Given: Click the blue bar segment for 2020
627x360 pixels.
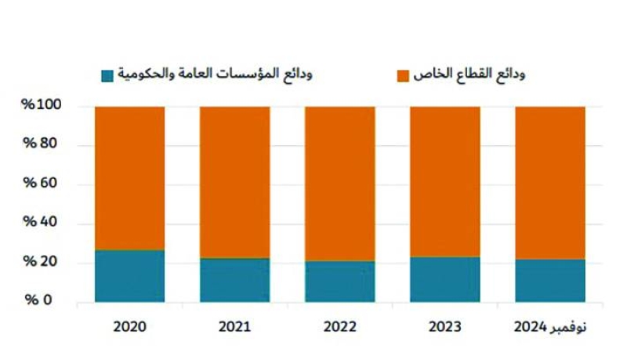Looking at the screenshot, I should [x=129, y=276].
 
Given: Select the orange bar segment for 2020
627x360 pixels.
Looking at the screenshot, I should [x=129, y=178].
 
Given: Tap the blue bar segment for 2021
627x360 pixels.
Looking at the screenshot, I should [x=234, y=280].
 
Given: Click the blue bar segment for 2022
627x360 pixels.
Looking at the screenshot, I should [x=339, y=282].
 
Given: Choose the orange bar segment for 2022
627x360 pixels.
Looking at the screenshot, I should [x=339, y=184].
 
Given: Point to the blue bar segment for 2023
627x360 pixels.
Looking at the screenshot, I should [x=444, y=279].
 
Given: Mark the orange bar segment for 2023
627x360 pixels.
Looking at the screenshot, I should [x=444, y=181].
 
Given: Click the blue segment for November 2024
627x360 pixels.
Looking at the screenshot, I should [x=549, y=281].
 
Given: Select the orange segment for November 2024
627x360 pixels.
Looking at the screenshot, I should [x=549, y=183].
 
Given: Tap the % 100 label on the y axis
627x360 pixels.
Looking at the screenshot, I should [x=42, y=106].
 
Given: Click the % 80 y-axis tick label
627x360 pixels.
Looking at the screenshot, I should [x=41, y=144].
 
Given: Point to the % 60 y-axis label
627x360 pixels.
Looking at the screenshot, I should [x=41, y=184].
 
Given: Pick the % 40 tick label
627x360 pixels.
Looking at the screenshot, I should [x=41, y=223].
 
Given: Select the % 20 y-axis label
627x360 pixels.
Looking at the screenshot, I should [x=41, y=262].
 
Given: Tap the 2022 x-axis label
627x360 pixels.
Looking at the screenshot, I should [x=339, y=325].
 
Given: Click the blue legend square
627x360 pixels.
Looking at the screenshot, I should [x=107, y=75].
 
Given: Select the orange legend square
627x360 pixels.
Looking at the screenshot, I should [x=403, y=75].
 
